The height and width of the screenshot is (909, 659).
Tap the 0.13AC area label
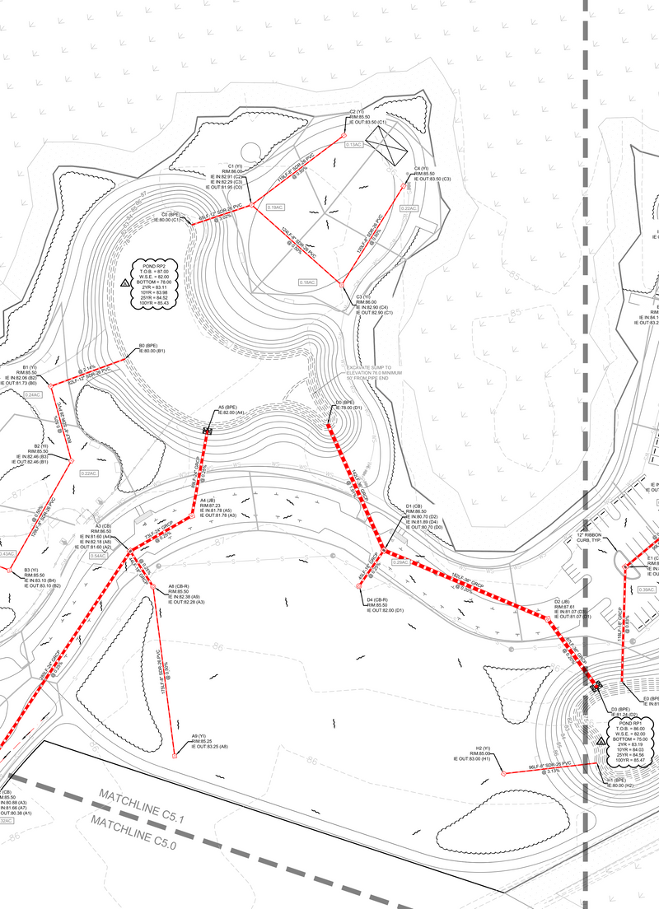click(353, 145)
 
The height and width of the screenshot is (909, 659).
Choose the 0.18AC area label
click(307, 282)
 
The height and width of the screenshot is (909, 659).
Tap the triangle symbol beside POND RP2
click(124, 282)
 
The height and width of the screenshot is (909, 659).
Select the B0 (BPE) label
click(153, 348)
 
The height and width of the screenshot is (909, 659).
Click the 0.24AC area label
click(34, 395)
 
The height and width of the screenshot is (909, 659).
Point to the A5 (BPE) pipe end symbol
click(208, 429)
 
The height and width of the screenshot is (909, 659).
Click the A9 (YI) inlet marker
click(175, 755)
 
